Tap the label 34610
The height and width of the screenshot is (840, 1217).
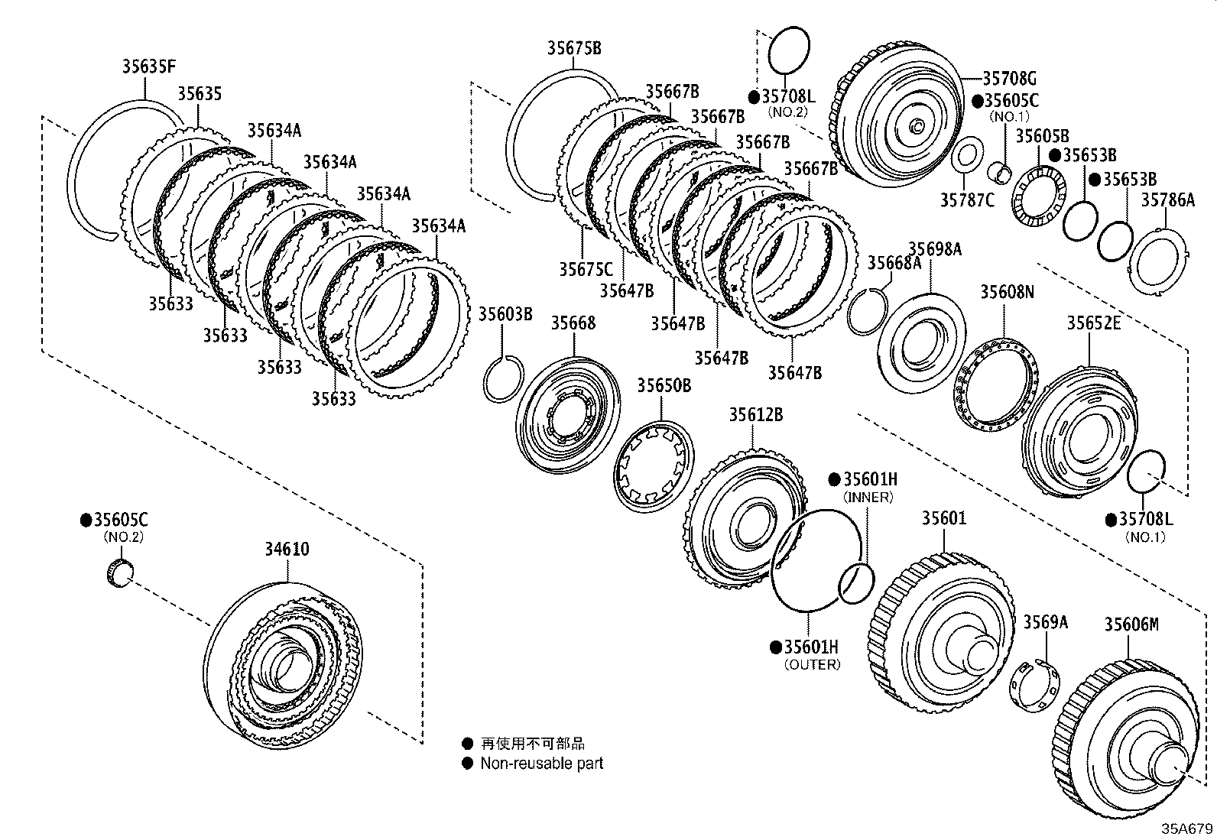coord(287,550)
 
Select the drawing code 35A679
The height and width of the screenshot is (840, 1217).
coord(1187,829)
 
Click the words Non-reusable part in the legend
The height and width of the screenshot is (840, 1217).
coord(541,763)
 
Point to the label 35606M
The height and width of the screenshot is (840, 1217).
coord(1131,624)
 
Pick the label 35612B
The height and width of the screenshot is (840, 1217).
coord(755,415)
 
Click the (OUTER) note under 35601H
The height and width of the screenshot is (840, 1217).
coord(812,664)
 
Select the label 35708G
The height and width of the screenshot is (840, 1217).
coord(1008,78)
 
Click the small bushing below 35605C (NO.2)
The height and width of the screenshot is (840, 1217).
coord(118,573)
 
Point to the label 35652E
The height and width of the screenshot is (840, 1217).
coord(1093,323)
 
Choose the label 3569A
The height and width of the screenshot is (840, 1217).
coord(1045,622)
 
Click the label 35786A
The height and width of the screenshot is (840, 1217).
coord(1167,200)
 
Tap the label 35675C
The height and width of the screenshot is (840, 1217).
coord(585,269)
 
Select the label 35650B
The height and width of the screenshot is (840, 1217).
coord(664,385)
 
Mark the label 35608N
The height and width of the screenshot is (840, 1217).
coord(1007,291)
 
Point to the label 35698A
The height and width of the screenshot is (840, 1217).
coord(934,249)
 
